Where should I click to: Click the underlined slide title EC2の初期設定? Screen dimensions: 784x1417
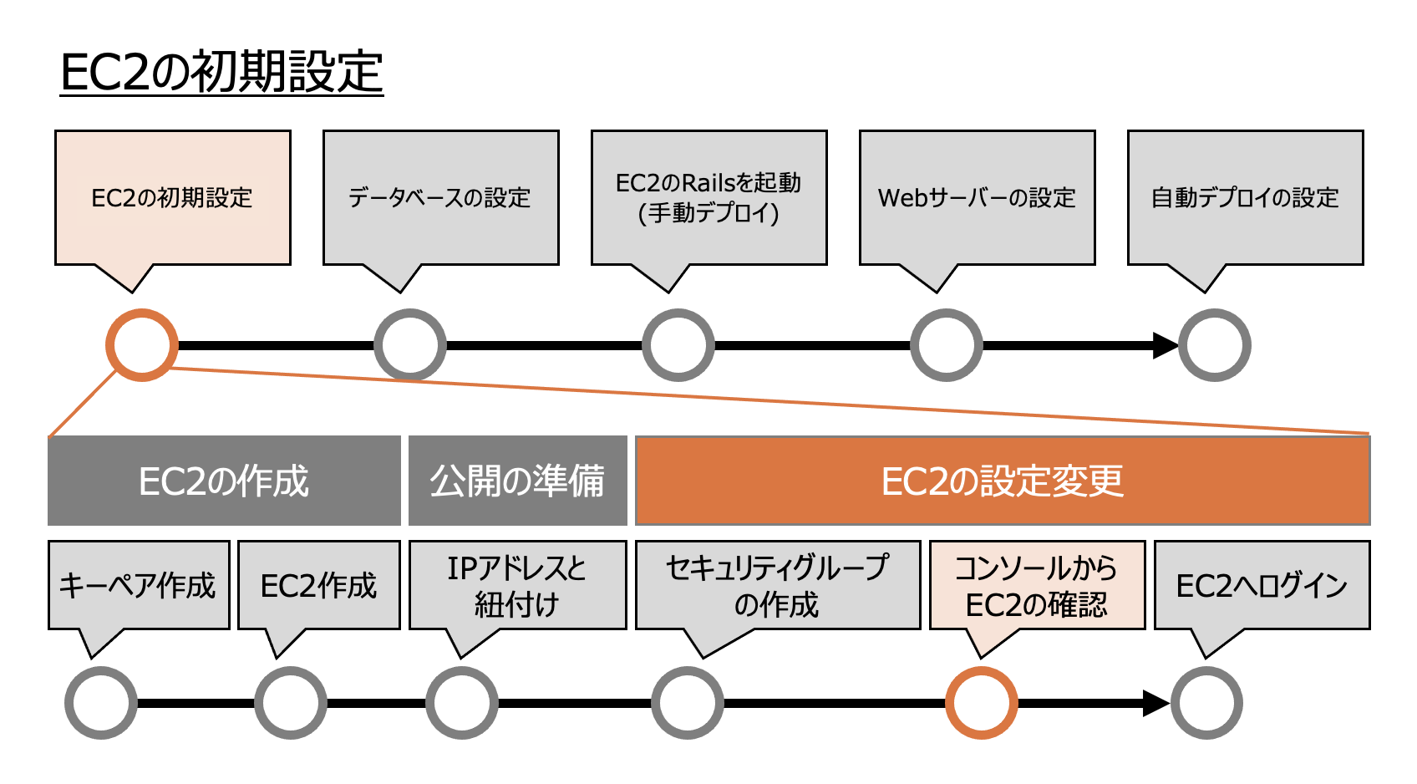[x=221, y=72]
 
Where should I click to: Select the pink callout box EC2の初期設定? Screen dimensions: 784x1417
[x=173, y=198]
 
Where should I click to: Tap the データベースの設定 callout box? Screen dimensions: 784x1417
[x=440, y=198]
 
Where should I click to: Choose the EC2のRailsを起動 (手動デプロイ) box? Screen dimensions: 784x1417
[x=708, y=198]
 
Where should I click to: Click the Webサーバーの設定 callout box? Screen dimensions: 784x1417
[x=977, y=198]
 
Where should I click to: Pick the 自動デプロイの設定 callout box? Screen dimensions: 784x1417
[x=1245, y=198]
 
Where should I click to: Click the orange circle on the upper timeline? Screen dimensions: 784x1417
[x=142, y=345]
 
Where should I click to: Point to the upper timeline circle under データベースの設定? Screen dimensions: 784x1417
[x=410, y=345]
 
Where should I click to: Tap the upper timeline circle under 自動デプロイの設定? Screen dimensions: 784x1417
[x=1214, y=345]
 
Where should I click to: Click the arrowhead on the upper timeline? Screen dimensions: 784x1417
[x=1165, y=345]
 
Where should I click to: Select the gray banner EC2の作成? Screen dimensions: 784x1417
[x=224, y=481]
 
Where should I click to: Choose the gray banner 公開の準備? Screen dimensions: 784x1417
[x=517, y=481]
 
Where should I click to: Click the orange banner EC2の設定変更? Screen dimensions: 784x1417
[x=1003, y=481]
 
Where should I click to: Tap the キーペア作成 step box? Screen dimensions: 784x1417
[x=139, y=585]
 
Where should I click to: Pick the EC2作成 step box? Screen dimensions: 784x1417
[x=319, y=585]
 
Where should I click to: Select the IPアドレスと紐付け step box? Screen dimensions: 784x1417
[x=517, y=585]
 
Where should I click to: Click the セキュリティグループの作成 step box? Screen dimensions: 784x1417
[x=778, y=585]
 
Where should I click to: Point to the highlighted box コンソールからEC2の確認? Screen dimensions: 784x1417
[x=1037, y=585]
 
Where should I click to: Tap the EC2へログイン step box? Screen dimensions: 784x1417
[x=1262, y=585]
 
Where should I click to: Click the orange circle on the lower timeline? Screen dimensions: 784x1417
[x=982, y=703]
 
